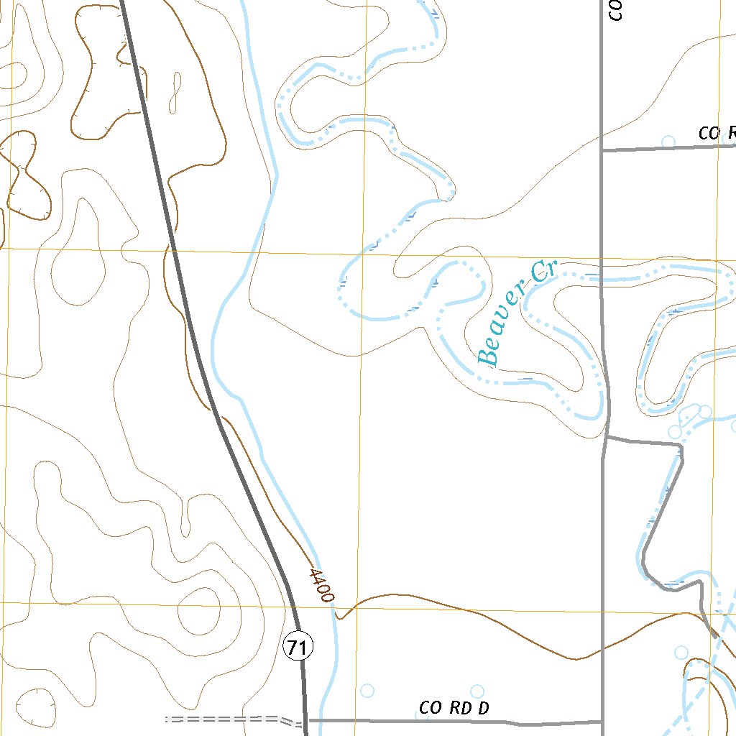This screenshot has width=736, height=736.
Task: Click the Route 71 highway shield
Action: pos(298,648)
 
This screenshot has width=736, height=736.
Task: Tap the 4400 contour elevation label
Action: pos(321,584)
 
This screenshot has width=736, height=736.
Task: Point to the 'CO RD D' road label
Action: pos(454,708)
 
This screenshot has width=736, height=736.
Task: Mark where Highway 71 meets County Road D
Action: pos(305,719)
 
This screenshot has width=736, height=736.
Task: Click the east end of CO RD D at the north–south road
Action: pos(601,721)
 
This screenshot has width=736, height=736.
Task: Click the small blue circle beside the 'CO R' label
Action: pos(668,142)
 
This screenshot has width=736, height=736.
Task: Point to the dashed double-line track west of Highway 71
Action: pos(223,718)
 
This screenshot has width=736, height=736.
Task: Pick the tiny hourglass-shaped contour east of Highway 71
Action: pos(175,92)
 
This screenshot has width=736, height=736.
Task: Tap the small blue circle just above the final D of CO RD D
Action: pos(477,691)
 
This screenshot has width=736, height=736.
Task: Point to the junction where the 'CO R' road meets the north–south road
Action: pos(601,150)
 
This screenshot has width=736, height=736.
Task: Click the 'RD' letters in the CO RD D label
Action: pos(459,708)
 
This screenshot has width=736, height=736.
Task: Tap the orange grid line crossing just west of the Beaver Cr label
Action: pos(362,255)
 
